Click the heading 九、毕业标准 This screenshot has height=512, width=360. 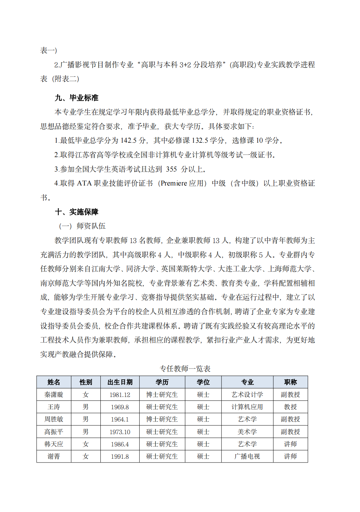click(x=76, y=98)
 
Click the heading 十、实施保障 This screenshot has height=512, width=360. click(x=76, y=212)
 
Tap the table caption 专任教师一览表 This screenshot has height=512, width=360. click(x=185, y=369)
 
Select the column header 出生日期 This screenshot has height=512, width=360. click(x=120, y=382)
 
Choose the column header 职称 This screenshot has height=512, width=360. click(x=290, y=382)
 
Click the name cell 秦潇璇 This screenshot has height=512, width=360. click(x=54, y=395)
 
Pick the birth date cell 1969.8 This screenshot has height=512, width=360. click(x=120, y=407)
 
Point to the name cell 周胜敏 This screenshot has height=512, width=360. click(x=54, y=419)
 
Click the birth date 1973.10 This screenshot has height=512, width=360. click(x=120, y=432)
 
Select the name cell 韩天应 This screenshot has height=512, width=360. click(x=54, y=444)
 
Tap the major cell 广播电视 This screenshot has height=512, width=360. click(x=247, y=457)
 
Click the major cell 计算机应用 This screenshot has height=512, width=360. click(x=247, y=407)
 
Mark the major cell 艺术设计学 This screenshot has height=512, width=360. click(x=247, y=395)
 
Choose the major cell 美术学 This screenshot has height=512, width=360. click(x=247, y=432)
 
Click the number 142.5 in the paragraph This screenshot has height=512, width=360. click(x=128, y=141)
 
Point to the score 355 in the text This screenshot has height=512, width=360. click(x=171, y=169)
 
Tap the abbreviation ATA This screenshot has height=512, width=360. click(x=84, y=183)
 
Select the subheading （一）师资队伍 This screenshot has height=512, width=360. click(x=82, y=226)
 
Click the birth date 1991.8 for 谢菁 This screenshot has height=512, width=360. click(x=120, y=457)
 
